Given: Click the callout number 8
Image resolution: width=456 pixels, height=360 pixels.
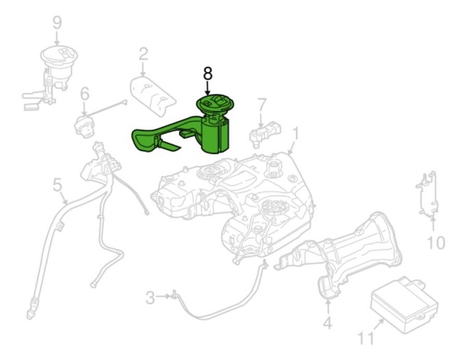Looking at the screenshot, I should (207, 73).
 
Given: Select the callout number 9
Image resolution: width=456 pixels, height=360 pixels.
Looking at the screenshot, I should (58, 22).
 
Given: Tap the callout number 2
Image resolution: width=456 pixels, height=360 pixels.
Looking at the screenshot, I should (143, 53).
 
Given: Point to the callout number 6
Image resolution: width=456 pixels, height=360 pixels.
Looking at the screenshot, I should (84, 93).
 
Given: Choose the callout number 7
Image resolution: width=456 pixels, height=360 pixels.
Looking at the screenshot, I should (261, 106).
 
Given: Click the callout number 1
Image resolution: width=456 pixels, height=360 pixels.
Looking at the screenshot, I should (296, 133).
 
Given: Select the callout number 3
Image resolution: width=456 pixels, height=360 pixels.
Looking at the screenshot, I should (150, 297).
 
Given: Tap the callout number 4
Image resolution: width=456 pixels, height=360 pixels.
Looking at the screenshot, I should (327, 324).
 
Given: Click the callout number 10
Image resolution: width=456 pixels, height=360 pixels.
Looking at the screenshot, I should (435, 243).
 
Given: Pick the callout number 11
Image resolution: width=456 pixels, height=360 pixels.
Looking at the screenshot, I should (366, 338).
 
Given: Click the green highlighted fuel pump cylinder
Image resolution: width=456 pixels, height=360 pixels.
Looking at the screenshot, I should (217, 133).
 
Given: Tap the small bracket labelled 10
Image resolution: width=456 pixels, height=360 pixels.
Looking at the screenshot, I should (426, 193).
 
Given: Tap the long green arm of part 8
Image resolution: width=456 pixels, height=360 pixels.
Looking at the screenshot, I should (160, 135).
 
